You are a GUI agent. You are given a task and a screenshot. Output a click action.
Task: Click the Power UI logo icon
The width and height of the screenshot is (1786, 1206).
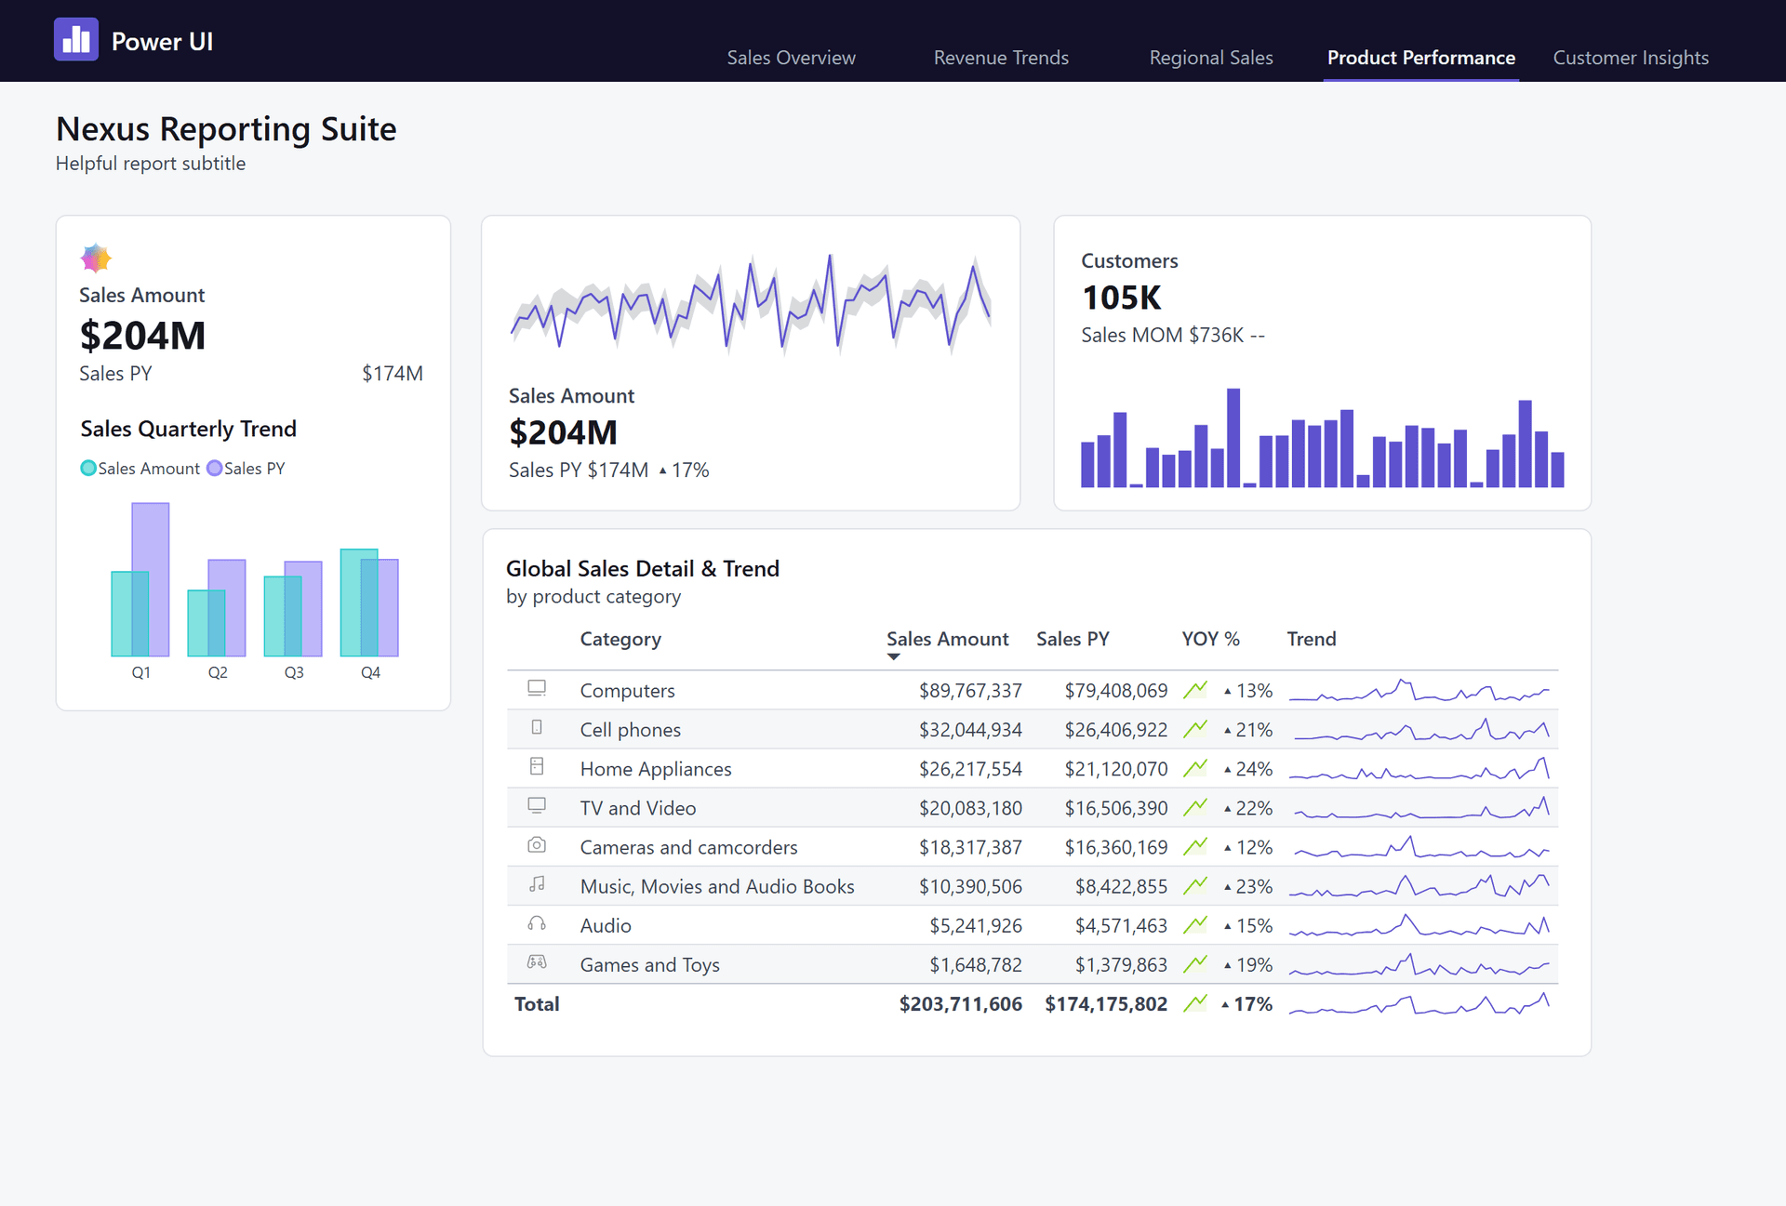point(75,40)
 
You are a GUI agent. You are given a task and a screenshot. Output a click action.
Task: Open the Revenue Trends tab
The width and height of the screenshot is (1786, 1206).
point(1001,58)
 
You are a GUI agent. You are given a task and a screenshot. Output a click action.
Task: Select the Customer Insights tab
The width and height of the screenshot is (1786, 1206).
point(1630,58)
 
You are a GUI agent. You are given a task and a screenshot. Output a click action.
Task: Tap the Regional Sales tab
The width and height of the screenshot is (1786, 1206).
point(1210,58)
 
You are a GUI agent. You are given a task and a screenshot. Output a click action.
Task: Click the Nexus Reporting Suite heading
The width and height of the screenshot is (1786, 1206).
point(226,128)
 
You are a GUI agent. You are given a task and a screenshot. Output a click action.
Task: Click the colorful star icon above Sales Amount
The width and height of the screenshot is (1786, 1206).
point(96,258)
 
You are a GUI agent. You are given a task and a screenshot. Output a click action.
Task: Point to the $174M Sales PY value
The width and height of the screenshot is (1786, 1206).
point(392,374)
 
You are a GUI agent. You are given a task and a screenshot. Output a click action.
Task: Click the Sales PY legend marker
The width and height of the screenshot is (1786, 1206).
point(215,469)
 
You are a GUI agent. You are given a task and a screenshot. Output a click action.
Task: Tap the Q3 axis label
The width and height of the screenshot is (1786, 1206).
point(294,672)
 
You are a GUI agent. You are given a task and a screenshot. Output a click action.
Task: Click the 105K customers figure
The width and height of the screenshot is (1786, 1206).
point(1121,298)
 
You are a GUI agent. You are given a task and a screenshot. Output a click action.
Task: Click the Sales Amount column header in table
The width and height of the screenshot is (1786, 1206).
point(946,639)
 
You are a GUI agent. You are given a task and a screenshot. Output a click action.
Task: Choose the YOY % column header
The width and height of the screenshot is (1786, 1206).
point(1209,639)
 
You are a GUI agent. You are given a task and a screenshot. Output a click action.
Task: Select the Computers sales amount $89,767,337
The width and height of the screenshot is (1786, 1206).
point(969,691)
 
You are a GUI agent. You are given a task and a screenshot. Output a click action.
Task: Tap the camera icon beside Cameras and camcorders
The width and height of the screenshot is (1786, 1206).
point(537,845)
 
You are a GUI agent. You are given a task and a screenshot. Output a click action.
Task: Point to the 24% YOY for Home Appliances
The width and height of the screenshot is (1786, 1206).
point(1252,769)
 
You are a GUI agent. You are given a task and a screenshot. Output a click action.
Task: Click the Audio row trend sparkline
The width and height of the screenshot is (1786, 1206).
point(1419,925)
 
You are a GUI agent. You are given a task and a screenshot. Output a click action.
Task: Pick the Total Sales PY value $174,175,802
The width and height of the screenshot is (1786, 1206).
point(1105,1004)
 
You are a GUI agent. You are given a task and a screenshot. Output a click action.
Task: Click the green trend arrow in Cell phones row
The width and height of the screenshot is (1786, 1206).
point(1195,729)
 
